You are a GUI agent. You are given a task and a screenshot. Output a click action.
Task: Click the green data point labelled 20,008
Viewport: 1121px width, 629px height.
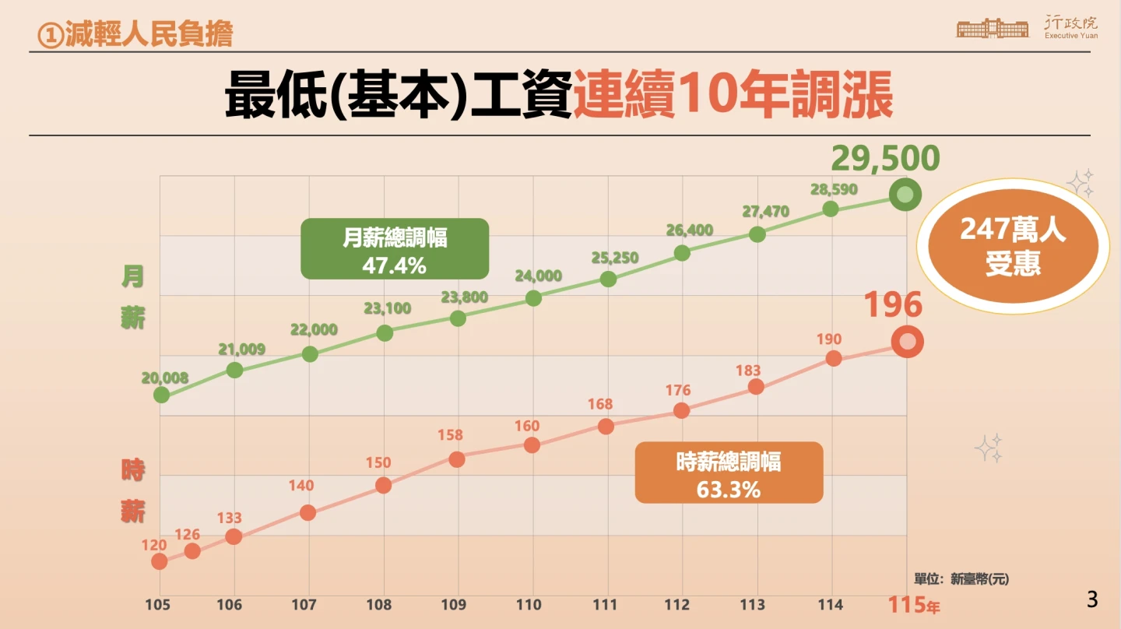[161, 395]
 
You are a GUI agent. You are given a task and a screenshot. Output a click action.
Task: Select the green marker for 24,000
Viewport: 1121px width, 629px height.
[533, 297]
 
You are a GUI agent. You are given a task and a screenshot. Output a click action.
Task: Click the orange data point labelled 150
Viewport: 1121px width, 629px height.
[383, 485]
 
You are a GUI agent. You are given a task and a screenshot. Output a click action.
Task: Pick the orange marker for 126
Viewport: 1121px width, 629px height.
[192, 551]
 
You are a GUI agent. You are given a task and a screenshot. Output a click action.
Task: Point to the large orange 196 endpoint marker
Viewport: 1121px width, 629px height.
[907, 342]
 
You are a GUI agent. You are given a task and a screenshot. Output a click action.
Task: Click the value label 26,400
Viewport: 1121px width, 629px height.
[690, 230]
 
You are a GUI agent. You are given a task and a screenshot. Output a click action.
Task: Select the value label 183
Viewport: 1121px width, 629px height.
[748, 371]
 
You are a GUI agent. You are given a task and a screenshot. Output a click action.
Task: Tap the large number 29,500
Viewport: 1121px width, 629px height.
[886, 159]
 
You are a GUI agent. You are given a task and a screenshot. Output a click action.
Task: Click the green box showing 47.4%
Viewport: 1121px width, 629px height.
[395, 249]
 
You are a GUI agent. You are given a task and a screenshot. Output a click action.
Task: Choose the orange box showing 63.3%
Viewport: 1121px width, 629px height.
[729, 473]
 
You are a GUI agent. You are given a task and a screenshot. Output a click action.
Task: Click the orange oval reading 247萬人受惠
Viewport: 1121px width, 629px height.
[1013, 247]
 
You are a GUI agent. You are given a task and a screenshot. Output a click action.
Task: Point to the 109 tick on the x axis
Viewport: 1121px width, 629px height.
[453, 605]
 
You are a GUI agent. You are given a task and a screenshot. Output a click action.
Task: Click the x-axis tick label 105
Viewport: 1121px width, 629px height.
[158, 605]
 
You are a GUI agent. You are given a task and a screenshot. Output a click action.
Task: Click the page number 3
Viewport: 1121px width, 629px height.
[1092, 599]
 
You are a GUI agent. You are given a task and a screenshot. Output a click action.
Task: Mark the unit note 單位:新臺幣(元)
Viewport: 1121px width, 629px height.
[961, 579]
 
